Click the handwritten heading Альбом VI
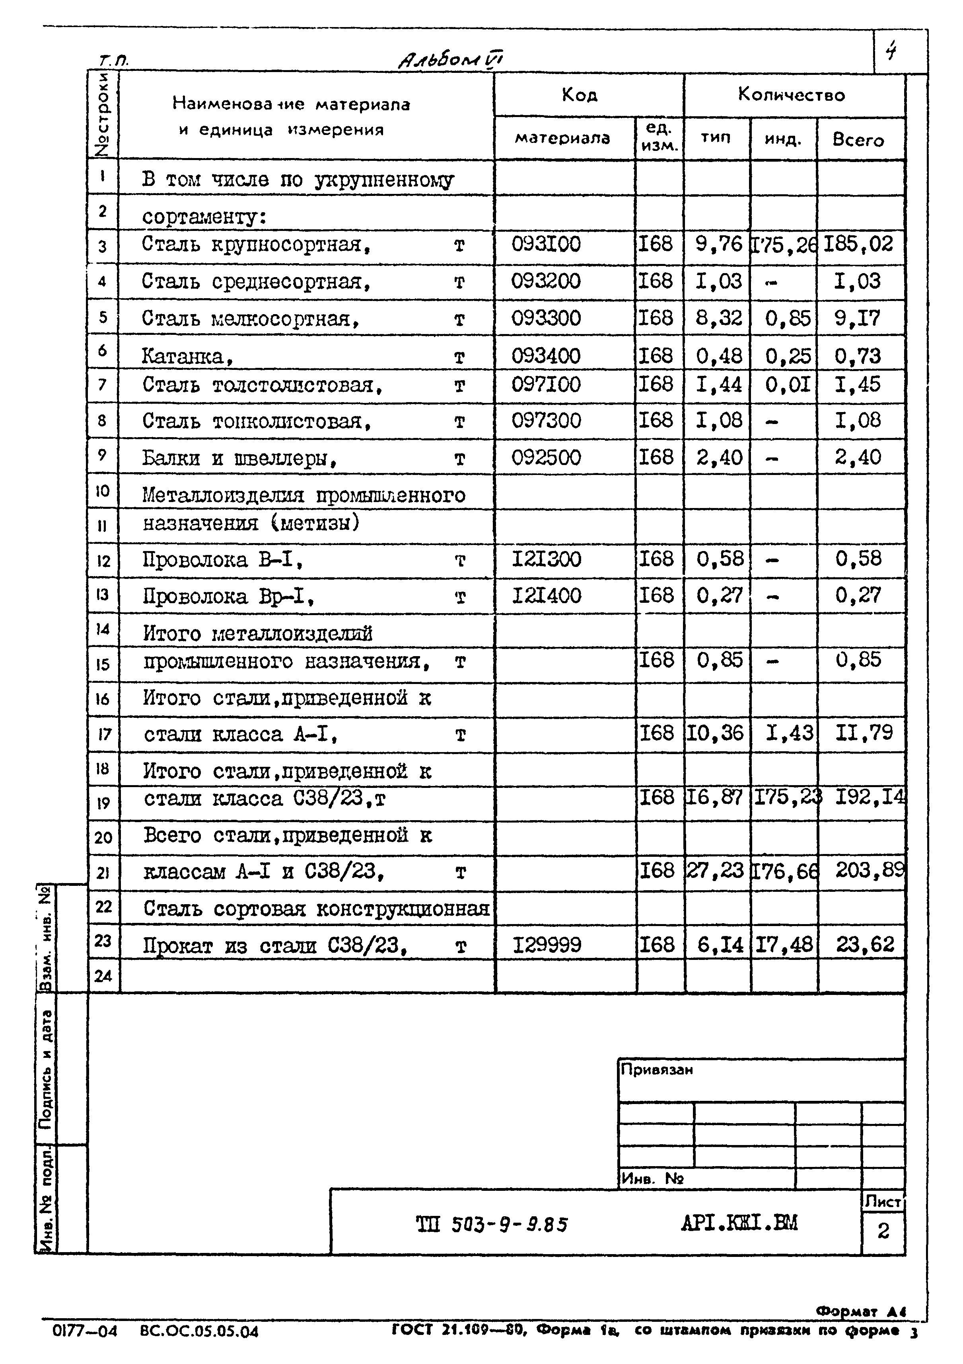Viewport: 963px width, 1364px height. (451, 59)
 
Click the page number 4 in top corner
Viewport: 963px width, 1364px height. (891, 52)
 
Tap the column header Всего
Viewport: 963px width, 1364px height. (858, 140)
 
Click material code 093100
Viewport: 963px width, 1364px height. (546, 244)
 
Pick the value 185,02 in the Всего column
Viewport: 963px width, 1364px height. (858, 244)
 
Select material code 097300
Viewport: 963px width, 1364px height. (546, 420)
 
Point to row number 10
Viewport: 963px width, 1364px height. (102, 491)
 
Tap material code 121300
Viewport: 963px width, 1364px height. (546, 559)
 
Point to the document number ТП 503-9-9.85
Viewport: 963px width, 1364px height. (492, 1224)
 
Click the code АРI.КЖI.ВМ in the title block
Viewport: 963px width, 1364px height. (739, 1223)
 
